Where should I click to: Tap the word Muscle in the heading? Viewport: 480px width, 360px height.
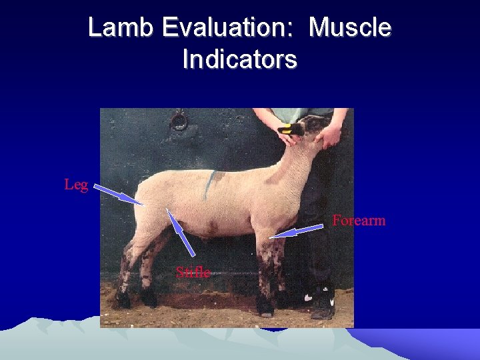[x=351, y=28]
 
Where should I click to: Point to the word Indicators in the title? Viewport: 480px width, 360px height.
[x=239, y=60]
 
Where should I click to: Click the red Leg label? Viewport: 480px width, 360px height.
[x=76, y=185]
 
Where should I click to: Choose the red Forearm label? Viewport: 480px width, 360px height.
[x=359, y=220]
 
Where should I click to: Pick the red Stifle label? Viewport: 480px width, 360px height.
[x=193, y=272]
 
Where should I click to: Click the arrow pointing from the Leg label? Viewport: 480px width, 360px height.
[x=118, y=195]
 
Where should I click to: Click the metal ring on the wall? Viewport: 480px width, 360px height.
[x=179, y=122]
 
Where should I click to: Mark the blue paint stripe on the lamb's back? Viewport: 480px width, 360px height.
[x=210, y=183]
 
